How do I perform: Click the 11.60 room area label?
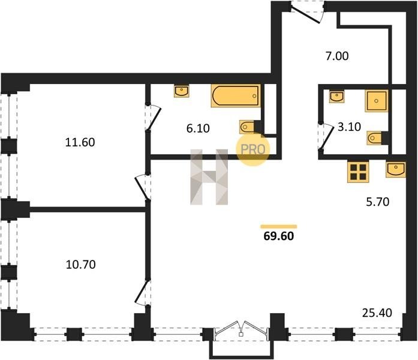point(80,142)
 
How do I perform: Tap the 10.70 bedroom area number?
point(80,265)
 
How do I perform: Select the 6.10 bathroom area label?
point(198,128)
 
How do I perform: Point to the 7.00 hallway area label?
point(337,56)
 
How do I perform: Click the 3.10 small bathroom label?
point(349,127)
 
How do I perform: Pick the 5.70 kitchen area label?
point(377,202)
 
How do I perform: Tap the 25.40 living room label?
point(377,313)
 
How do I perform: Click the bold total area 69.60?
point(279,236)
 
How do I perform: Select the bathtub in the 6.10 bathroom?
point(236,96)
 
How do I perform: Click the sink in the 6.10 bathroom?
point(181,91)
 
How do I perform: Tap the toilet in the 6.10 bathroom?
point(247,127)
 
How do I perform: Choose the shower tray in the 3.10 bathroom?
point(377,101)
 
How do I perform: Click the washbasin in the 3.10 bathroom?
point(336,96)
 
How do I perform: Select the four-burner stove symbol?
point(358,172)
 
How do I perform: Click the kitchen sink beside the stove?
point(396,169)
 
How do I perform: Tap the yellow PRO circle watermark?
point(253,149)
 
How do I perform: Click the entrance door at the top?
point(306,13)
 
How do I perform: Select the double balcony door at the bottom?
point(241,330)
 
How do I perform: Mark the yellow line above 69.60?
point(279,227)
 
